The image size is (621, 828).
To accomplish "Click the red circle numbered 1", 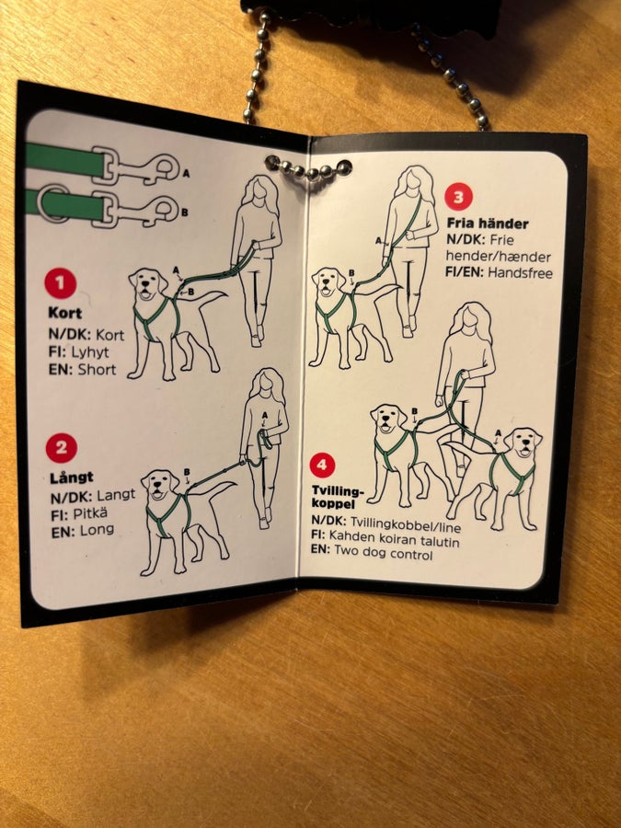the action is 60,283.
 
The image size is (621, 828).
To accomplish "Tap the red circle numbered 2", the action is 62,448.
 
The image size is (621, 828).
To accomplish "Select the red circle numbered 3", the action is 458,197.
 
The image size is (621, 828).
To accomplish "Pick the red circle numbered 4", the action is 322,466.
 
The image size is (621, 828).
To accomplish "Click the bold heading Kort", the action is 65,313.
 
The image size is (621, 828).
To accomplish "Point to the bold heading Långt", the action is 71,477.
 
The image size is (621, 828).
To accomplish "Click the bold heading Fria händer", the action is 488,224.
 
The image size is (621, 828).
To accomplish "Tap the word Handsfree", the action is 520,273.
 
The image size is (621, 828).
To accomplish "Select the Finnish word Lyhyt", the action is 90,352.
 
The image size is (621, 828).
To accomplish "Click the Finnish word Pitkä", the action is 90,513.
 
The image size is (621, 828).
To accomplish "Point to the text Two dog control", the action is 384,553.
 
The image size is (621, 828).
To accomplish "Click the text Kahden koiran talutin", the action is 394,538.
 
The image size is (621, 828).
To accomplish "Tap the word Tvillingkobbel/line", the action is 405,524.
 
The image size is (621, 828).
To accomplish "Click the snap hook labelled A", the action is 143,165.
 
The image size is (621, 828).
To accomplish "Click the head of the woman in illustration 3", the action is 413,180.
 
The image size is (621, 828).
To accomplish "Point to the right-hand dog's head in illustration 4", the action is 523,441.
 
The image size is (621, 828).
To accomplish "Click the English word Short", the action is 97,369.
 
